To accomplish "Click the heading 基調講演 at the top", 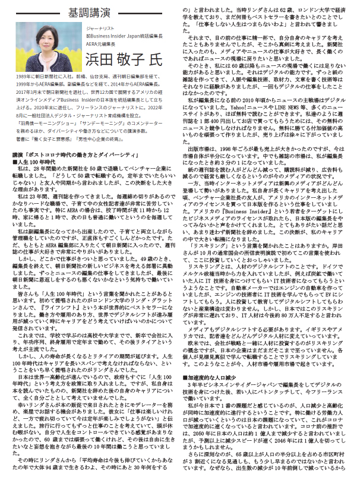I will coord(96,12).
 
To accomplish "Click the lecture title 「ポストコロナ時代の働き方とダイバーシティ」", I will coord(75,171).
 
